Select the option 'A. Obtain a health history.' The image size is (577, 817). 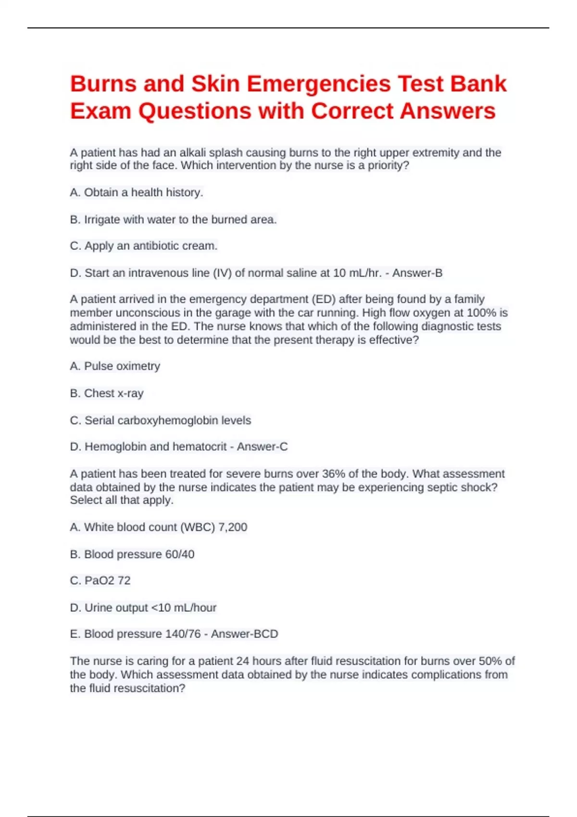pos(137,193)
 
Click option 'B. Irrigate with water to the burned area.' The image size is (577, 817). pos(173,220)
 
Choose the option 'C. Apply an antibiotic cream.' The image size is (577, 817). pos(144,246)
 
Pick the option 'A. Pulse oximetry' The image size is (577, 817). pos(115,366)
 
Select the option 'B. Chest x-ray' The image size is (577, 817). pos(107,393)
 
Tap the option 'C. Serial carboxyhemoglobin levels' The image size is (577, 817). pos(161,421)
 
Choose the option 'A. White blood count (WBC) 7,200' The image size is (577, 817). pos(159,527)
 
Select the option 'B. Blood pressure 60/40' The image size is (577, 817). pos(132,554)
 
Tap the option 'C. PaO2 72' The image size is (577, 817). pos(100,581)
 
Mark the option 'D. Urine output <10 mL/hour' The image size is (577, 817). pos(143,608)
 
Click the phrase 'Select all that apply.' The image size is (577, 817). pos(122,500)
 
